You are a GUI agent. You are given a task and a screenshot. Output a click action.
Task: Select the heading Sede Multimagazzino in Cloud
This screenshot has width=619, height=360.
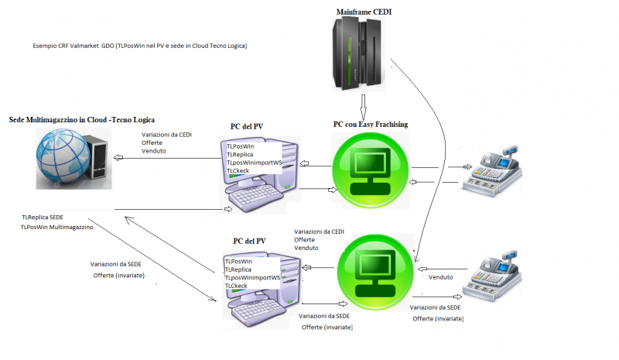click(x=81, y=121)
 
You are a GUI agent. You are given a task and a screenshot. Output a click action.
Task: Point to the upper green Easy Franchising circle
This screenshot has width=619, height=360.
click(x=371, y=170)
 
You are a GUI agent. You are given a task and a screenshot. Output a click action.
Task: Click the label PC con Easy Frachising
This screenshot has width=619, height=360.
click(x=371, y=125)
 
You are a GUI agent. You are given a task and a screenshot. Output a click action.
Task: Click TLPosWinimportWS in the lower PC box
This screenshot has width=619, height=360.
click(x=252, y=278)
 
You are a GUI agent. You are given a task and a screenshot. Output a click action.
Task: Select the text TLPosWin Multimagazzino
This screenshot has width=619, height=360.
click(x=57, y=227)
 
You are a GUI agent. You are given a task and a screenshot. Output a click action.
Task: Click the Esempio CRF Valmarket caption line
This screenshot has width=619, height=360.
click(x=139, y=46)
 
